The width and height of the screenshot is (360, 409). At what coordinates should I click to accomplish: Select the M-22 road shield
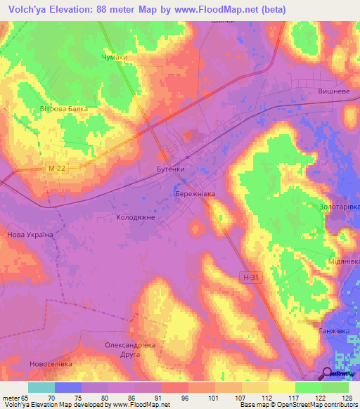pyautogui.click(x=58, y=168)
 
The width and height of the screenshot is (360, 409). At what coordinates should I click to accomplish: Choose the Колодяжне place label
pyautogui.click(x=135, y=218)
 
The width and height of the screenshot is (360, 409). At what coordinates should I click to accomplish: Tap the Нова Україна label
pyautogui.click(x=30, y=235)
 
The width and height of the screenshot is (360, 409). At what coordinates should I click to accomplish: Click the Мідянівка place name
pyautogui.click(x=343, y=261)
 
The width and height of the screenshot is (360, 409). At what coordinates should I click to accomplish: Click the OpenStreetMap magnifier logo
pyautogui.click(x=328, y=375)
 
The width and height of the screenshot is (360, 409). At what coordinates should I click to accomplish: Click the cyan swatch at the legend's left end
pyautogui.click(x=41, y=387)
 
